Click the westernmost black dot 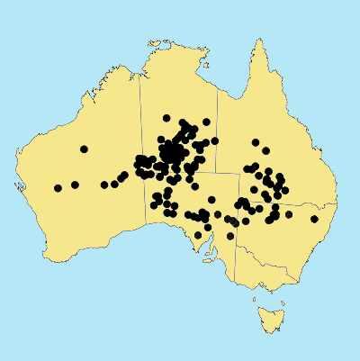[x=58, y=188]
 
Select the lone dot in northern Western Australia [x=84, y=149]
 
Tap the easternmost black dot [x=315, y=219]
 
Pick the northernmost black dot [x=166, y=118]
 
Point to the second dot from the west [x=75, y=185]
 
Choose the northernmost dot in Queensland [x=256, y=142]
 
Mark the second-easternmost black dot [x=289, y=214]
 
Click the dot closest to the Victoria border [x=229, y=236]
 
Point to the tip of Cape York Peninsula [x=258, y=41]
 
